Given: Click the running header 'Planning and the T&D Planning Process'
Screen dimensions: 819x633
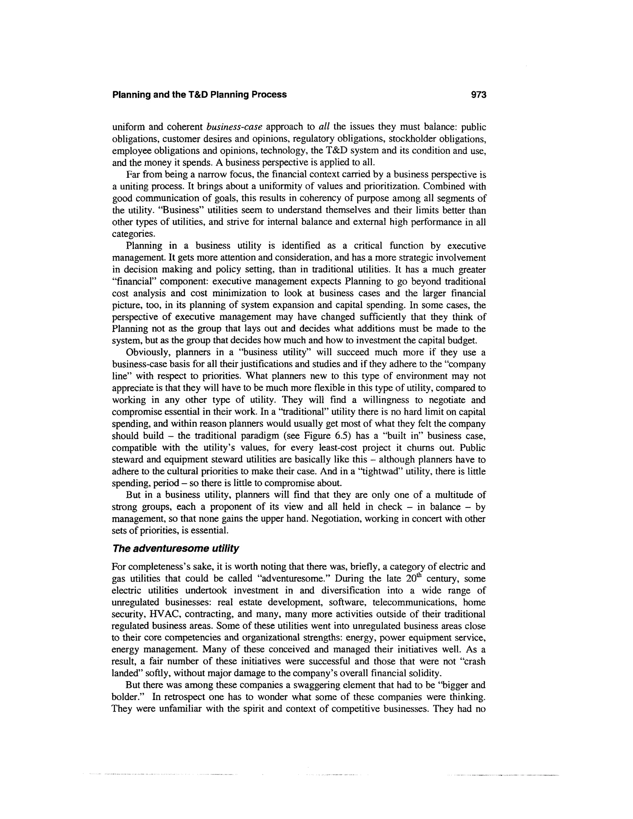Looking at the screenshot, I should click(199, 95).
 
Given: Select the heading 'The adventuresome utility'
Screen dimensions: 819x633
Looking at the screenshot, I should click(175, 548).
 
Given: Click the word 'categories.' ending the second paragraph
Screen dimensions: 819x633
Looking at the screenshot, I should click(133, 234).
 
